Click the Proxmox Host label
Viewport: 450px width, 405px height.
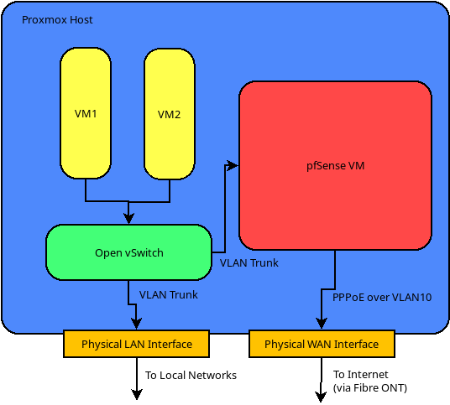point(57,20)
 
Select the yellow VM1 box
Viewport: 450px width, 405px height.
point(86,113)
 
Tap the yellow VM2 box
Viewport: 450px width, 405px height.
point(170,114)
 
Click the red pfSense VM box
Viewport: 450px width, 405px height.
point(335,166)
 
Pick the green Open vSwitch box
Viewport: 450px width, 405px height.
point(128,252)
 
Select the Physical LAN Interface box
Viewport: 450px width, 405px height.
point(136,344)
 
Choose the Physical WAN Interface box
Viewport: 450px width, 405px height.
point(322,344)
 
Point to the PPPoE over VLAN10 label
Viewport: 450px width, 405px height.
point(382,298)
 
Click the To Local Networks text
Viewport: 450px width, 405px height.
point(191,375)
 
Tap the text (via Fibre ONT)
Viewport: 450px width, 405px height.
point(370,387)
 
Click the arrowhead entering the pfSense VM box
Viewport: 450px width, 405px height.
point(233,165)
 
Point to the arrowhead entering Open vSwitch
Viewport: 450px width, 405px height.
point(128,219)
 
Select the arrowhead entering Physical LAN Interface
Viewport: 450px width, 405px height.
point(136,325)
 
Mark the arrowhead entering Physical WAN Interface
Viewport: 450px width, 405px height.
point(322,325)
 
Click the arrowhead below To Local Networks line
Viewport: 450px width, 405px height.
point(137,395)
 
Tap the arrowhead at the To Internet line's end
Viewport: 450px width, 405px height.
point(321,397)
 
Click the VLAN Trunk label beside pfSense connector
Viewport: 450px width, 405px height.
point(249,263)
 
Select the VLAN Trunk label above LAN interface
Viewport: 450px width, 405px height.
point(169,295)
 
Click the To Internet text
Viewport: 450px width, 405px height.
point(360,375)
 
